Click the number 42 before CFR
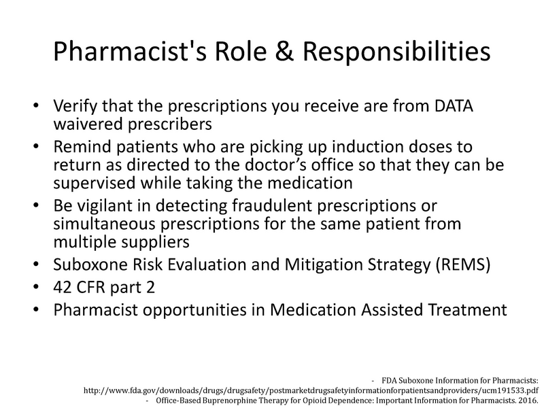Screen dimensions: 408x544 [x=62, y=287]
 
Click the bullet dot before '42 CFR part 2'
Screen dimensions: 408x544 [x=36, y=287]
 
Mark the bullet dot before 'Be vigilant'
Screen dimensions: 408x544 [x=36, y=206]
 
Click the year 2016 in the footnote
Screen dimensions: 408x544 [x=526, y=401]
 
